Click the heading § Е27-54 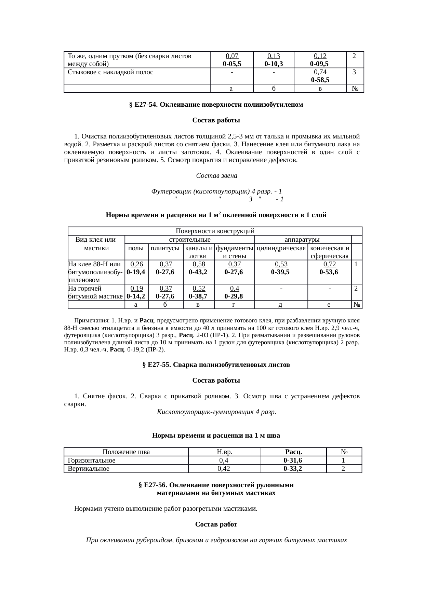coord(216,105)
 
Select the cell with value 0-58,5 coord(320,80)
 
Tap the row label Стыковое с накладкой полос coord(110,72)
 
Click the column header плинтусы coord(165,248)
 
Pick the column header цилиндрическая coord(281,248)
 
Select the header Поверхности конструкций coord(215,231)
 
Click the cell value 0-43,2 coord(199,272)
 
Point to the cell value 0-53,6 coord(329,272)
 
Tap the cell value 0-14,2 coord(136,296)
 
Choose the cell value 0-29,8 coord(234,296)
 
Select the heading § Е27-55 coord(216,365)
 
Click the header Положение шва coord(126,452)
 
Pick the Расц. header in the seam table coord(293,452)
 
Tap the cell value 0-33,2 coord(293,469)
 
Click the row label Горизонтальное coord(92,461)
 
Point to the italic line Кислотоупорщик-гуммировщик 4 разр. coord(216,412)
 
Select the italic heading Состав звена coord(216,176)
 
